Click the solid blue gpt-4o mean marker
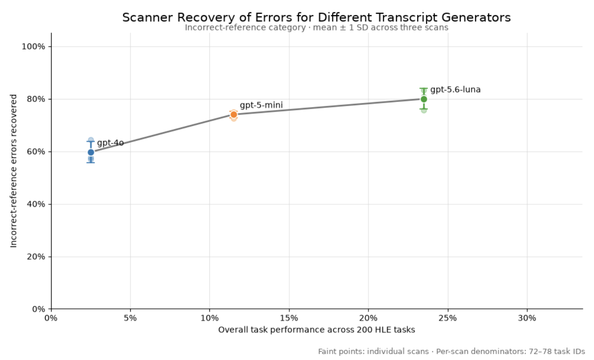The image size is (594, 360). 91,152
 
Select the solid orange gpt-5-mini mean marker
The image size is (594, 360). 234,114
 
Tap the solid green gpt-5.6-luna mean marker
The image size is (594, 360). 424,99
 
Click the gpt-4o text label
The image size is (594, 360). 110,143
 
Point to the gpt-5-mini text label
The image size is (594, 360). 261,105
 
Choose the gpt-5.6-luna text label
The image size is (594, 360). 455,90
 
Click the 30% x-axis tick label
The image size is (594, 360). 527,318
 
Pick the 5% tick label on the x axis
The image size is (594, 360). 130,318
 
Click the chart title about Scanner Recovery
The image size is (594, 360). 317,18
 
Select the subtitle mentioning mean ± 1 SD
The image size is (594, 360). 317,28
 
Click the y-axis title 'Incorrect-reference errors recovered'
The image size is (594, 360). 14,171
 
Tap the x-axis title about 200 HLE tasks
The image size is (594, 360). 317,330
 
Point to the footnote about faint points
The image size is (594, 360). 451,352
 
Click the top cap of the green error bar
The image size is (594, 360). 424,88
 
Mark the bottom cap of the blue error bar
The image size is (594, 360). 91,162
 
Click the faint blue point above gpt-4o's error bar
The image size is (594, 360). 91,140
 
